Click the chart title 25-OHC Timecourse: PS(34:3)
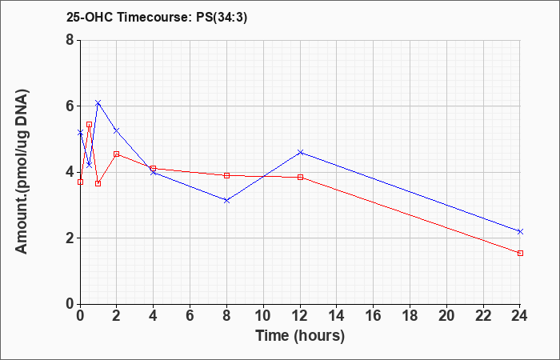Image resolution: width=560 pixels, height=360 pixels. pyautogui.click(x=157, y=18)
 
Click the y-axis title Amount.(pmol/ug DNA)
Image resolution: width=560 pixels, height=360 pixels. pyautogui.click(x=22, y=171)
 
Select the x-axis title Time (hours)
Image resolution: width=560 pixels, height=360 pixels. pyautogui.click(x=300, y=336)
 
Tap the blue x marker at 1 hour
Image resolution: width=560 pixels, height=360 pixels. pyautogui.click(x=98, y=103)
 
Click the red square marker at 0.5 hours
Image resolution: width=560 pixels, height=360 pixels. pyautogui.click(x=90, y=124)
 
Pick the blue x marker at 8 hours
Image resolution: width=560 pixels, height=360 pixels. pyautogui.click(x=226, y=201)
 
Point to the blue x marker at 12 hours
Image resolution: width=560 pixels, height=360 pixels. pyautogui.click(x=300, y=153)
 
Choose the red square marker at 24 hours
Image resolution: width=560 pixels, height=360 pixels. pyautogui.click(x=520, y=254)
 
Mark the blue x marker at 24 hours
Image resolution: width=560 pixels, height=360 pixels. pyautogui.click(x=520, y=232)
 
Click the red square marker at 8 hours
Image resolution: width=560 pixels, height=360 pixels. pyautogui.click(x=226, y=175)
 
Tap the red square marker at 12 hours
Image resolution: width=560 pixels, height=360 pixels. pyautogui.click(x=300, y=177)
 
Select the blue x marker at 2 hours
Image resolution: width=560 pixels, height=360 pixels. pyautogui.click(x=117, y=130)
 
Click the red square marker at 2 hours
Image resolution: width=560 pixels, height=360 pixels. pyautogui.click(x=117, y=154)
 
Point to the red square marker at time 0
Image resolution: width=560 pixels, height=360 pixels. pyautogui.click(x=80, y=182)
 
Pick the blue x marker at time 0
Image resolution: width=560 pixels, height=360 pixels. pyautogui.click(x=80, y=133)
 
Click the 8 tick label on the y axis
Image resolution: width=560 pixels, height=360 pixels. pyautogui.click(x=70, y=40)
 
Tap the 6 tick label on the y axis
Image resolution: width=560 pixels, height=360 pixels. pyautogui.click(x=70, y=106)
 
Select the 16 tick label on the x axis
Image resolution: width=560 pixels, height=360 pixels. pyautogui.click(x=374, y=316)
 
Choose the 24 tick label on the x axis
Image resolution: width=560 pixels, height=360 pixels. pyautogui.click(x=520, y=316)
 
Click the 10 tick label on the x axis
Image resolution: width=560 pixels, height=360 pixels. pyautogui.click(x=263, y=316)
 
